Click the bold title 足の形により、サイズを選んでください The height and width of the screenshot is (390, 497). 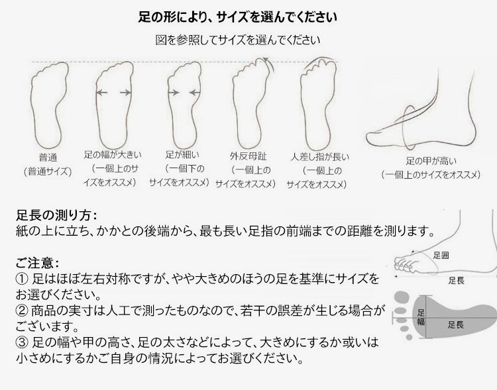pos(237,17)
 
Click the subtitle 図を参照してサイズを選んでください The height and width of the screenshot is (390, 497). pos(237,40)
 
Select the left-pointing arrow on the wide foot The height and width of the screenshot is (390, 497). pos(101,93)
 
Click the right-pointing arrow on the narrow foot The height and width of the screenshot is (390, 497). pos(174,93)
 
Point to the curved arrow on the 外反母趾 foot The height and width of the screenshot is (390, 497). pos(267,66)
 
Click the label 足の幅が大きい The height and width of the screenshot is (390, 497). pos(113,155)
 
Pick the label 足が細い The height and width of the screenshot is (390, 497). pos(183,154)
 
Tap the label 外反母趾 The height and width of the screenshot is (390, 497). pos(248,156)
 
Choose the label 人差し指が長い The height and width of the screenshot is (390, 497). pos(319,157)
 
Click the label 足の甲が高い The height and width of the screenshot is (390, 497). pos(431,162)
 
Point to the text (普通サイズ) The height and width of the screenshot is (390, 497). pos(48,171)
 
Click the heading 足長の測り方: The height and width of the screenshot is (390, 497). pos(56,215)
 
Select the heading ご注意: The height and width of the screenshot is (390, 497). pos(37,263)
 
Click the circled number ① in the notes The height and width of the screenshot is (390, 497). pos(22,279)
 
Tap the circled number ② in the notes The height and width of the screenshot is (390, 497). pos(22,311)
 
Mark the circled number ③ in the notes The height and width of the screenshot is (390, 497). pos(22,342)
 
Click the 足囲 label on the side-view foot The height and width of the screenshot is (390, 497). pos(441,256)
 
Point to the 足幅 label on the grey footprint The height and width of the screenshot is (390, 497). pos(421,317)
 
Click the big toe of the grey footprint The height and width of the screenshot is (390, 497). pos(402,298)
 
